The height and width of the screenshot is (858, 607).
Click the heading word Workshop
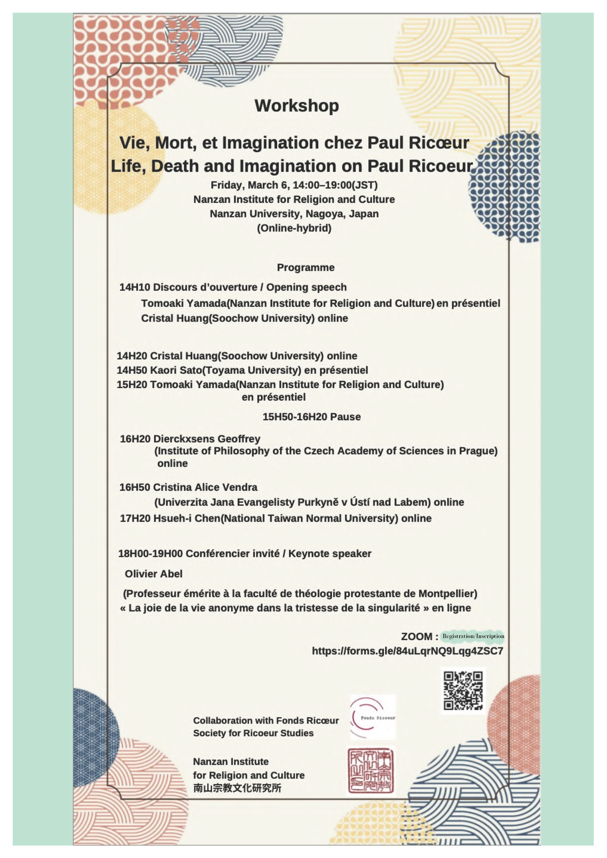[297, 106]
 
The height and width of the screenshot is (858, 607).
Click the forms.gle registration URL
[408, 651]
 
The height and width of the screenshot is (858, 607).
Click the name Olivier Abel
[154, 574]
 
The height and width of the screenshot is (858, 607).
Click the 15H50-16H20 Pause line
[311, 417]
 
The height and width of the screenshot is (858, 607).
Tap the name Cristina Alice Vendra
[205, 487]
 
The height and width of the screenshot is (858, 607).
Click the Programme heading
[305, 268]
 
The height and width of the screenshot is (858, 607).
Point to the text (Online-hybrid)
[294, 228]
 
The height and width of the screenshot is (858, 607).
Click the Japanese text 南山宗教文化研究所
[237, 788]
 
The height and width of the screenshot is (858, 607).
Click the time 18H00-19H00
[150, 554]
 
